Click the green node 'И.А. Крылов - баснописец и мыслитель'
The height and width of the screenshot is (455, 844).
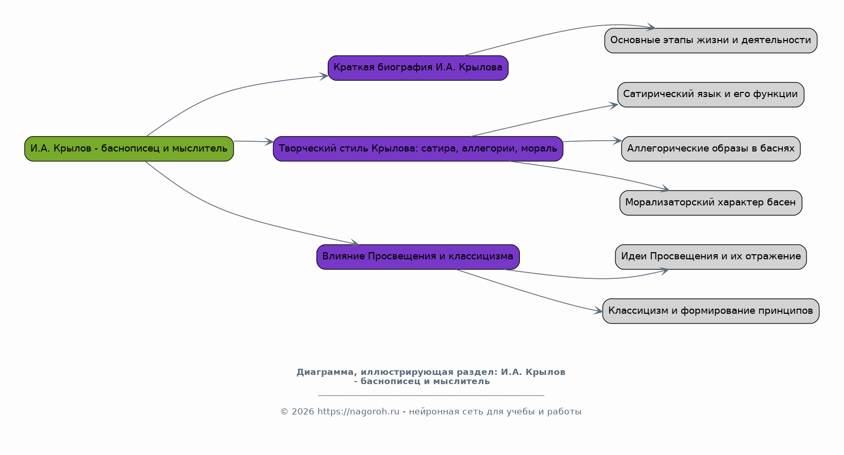129,149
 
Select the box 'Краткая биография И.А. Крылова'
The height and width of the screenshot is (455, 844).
418,68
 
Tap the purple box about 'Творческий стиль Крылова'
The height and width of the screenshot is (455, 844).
418,149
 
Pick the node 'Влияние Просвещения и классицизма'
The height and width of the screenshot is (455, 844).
418,257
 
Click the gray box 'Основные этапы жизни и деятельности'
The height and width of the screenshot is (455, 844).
710,41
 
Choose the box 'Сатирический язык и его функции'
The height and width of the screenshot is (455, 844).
710,94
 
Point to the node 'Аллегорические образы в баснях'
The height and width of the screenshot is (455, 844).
710,149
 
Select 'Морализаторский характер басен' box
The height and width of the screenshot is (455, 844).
710,203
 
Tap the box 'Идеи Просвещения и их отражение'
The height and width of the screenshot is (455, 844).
710,257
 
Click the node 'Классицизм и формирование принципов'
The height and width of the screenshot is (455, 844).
710,311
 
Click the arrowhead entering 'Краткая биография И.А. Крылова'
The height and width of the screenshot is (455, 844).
324,77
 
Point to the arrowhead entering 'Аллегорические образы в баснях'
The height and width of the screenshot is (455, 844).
617,141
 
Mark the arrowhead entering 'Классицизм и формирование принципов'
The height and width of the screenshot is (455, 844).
598,311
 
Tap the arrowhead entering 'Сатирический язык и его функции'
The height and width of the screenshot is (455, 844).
613,106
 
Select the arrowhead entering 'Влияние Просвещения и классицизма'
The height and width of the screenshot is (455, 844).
354,243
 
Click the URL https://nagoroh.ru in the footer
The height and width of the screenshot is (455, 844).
359,412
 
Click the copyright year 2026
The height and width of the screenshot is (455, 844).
303,412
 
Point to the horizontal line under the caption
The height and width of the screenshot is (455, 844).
431,395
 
